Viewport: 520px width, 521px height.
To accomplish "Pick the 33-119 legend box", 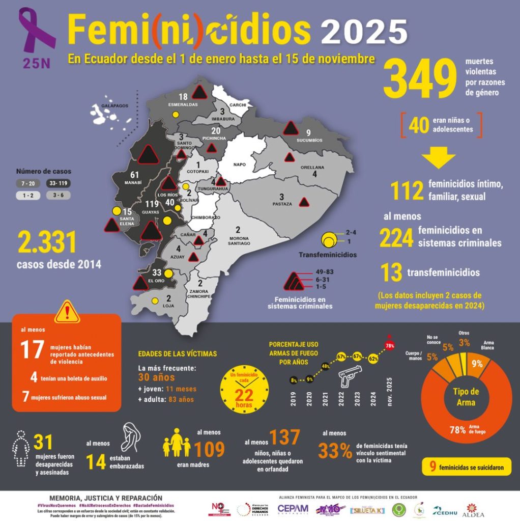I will click(x=59, y=183).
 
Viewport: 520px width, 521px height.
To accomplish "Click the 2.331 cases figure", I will click(x=47, y=242).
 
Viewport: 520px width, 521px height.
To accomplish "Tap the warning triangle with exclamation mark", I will click(x=67, y=312).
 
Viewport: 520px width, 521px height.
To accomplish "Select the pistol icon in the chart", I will click(x=350, y=377).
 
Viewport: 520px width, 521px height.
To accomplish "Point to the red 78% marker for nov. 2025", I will click(x=390, y=346).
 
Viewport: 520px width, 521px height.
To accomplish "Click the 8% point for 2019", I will click(x=294, y=380).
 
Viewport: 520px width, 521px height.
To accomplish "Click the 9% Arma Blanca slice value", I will click(x=477, y=364).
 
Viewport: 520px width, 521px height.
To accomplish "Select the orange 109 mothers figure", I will click(x=209, y=449).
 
